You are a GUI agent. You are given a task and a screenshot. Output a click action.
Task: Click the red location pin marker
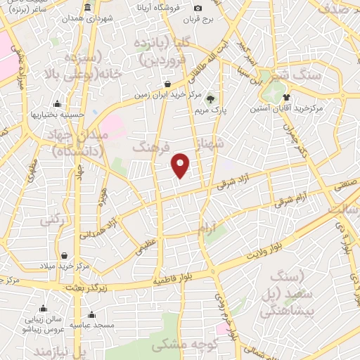point(181,165)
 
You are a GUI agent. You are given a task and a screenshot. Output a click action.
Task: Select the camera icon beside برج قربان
point(198,8)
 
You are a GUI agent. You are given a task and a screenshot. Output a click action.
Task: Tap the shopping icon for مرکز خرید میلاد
point(65,255)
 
